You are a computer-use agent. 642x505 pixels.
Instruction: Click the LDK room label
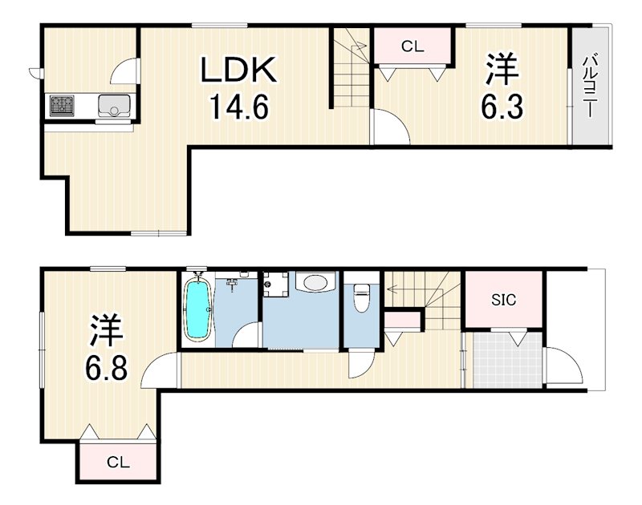238,71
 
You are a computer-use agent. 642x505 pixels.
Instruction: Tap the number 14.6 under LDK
238,106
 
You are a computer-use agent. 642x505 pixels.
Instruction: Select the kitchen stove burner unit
62,105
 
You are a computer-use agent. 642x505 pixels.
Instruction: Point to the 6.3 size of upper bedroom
503,106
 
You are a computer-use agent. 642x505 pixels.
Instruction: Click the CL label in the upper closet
412,47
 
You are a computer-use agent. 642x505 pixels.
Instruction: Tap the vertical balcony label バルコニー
590,86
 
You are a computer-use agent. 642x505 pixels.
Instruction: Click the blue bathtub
197,309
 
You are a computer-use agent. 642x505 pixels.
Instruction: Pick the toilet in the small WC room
360,297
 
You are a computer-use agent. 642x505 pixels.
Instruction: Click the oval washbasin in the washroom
314,284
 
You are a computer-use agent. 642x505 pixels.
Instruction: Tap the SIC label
504,301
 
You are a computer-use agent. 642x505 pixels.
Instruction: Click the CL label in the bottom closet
118,462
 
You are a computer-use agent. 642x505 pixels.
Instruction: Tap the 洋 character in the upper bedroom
502,71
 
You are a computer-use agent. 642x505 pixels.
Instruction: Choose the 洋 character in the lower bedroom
106,330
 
